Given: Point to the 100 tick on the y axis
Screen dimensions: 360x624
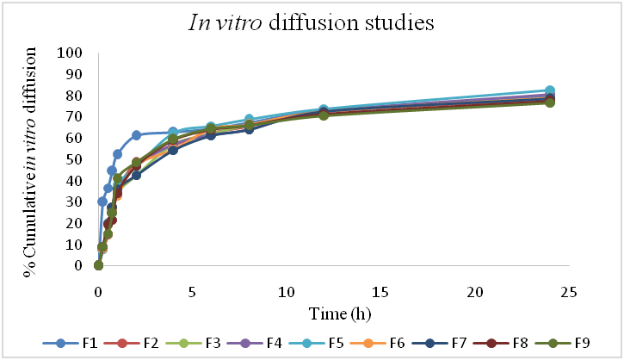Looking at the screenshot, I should tap(72, 53).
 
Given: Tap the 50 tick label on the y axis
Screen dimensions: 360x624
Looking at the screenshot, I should tap(76, 159).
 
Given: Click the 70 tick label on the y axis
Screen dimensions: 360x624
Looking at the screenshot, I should tap(76, 116).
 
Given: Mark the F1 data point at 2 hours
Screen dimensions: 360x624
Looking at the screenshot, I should tap(136, 135).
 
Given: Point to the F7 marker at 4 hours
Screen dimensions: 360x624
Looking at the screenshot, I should tap(173, 150).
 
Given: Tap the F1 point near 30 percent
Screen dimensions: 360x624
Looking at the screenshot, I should tap(102, 202).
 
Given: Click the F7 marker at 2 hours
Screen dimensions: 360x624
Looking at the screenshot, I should tap(136, 175).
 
